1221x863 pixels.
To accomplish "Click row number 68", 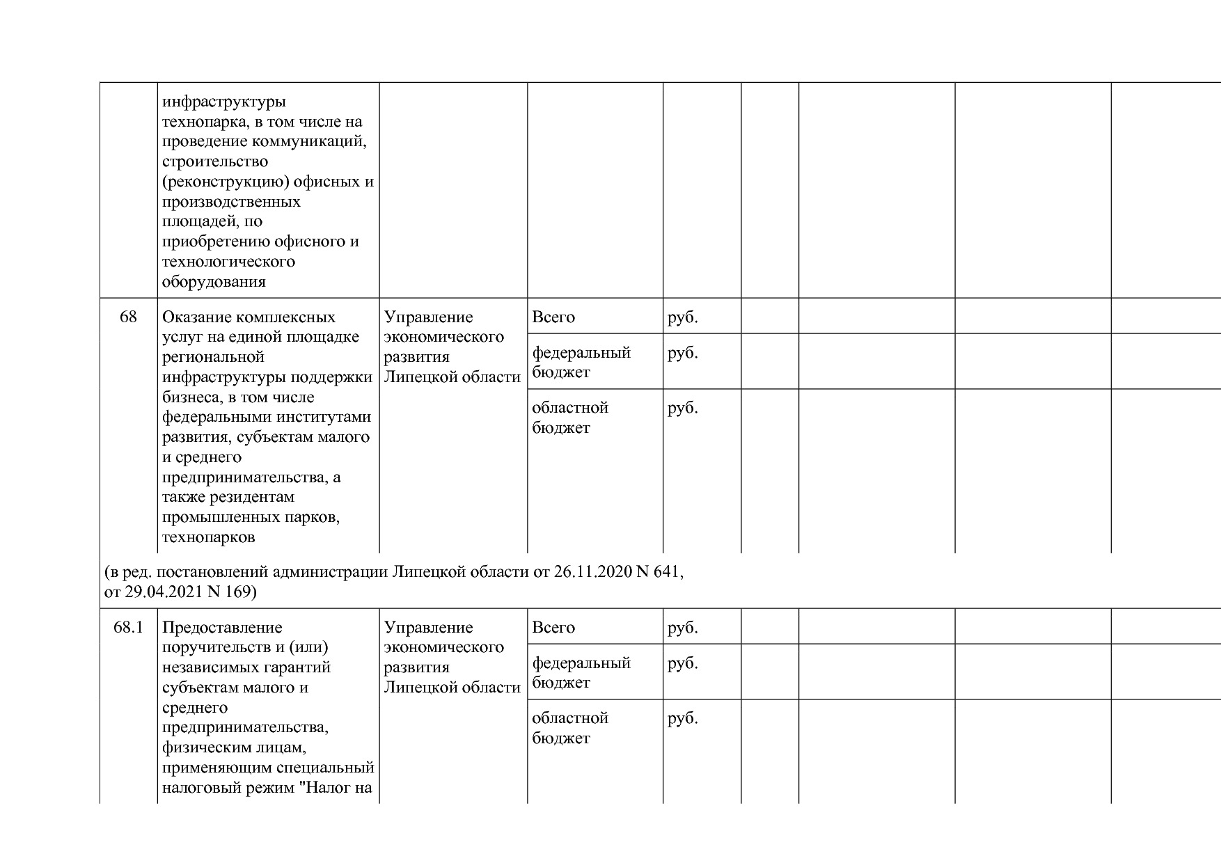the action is (128, 317).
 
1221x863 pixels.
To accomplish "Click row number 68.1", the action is (128, 628).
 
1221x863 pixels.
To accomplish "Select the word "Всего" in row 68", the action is (553, 317).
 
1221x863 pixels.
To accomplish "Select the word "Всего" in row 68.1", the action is (553, 628).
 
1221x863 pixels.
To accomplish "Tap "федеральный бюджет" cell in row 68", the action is (581, 362).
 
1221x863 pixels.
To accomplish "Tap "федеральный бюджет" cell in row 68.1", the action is (581, 672).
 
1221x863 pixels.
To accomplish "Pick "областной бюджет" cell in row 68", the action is (570, 418).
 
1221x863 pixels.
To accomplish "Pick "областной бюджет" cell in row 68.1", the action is (570, 728).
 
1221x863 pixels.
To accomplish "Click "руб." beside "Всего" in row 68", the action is (682, 317).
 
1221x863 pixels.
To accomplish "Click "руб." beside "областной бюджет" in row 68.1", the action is (682, 718).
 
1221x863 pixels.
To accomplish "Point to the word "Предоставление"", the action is (222, 628).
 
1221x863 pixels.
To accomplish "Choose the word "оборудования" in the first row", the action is (214, 282).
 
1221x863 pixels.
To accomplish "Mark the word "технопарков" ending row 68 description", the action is (208, 537).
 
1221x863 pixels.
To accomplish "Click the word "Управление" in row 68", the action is (428, 317).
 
